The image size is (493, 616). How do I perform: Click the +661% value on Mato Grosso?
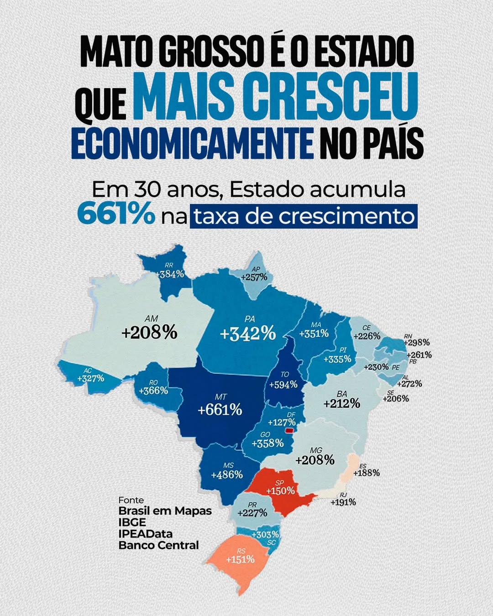pos(220,410)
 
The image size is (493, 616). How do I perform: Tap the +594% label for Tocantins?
pos(283,385)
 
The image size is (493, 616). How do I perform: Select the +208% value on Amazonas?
pos(149,332)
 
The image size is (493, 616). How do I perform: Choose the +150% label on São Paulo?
pos(280,491)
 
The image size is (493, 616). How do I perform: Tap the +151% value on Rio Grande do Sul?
pos(240,559)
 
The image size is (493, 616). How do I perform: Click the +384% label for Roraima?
pos(170,274)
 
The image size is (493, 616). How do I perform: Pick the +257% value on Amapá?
pos(254,277)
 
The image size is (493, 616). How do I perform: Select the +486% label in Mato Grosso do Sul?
pos(227,475)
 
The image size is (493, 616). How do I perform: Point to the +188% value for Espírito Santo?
pos(367,473)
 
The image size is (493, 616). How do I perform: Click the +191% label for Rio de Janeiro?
pos(343,502)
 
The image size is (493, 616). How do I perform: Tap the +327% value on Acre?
pos(91,378)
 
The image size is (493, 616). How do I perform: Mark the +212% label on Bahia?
pos(342,403)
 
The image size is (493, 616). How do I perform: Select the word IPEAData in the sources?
pos(146,533)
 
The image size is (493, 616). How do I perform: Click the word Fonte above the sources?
pos(131,500)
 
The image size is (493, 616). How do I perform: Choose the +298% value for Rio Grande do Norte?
pos(416,342)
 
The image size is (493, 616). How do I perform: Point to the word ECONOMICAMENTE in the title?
pos(192,145)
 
